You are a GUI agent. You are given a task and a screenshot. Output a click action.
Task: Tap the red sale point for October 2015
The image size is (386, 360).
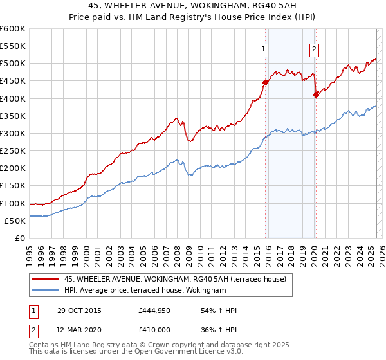tap(265, 82)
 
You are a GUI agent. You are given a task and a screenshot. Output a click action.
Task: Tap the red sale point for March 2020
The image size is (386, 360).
tap(315, 94)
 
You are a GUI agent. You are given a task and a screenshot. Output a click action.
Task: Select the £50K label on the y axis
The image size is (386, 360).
tap(15, 221)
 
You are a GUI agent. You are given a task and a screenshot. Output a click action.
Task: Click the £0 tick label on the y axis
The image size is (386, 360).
tap(20, 238)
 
